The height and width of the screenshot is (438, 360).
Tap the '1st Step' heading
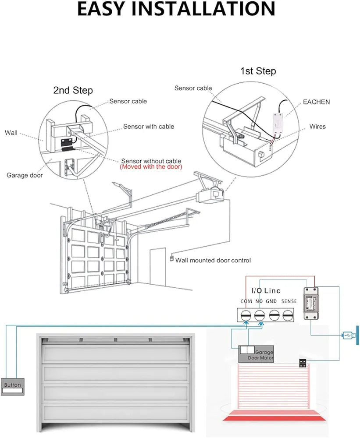click(258, 71)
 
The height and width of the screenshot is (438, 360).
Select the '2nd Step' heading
click(73, 90)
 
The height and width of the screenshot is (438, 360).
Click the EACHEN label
click(316, 102)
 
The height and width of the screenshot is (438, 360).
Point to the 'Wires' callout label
click(317, 127)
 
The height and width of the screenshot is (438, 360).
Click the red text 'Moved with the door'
click(151, 167)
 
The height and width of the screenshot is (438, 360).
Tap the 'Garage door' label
click(25, 175)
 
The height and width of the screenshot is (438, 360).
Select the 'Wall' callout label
click(11, 132)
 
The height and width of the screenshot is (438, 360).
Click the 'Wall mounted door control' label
click(213, 260)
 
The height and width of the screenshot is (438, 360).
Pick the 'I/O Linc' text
click(266, 290)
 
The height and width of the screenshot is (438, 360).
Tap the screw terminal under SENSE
click(288, 314)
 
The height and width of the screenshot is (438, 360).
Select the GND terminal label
click(271, 301)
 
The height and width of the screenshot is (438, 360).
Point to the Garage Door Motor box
click(256, 354)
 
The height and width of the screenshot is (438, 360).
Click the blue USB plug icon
click(349, 336)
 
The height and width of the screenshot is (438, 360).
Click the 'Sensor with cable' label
click(148, 127)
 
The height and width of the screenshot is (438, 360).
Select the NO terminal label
click(259, 301)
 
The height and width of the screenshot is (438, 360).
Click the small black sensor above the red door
click(303, 363)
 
